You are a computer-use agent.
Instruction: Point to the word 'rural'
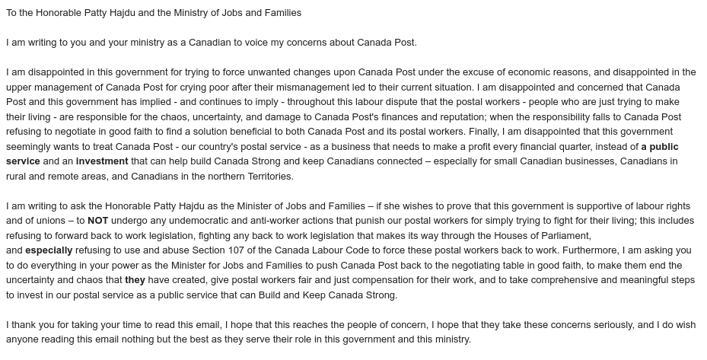(18, 176)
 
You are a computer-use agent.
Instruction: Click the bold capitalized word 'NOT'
(98, 221)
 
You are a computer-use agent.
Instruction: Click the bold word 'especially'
(49, 250)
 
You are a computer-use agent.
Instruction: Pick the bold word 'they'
(135, 280)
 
